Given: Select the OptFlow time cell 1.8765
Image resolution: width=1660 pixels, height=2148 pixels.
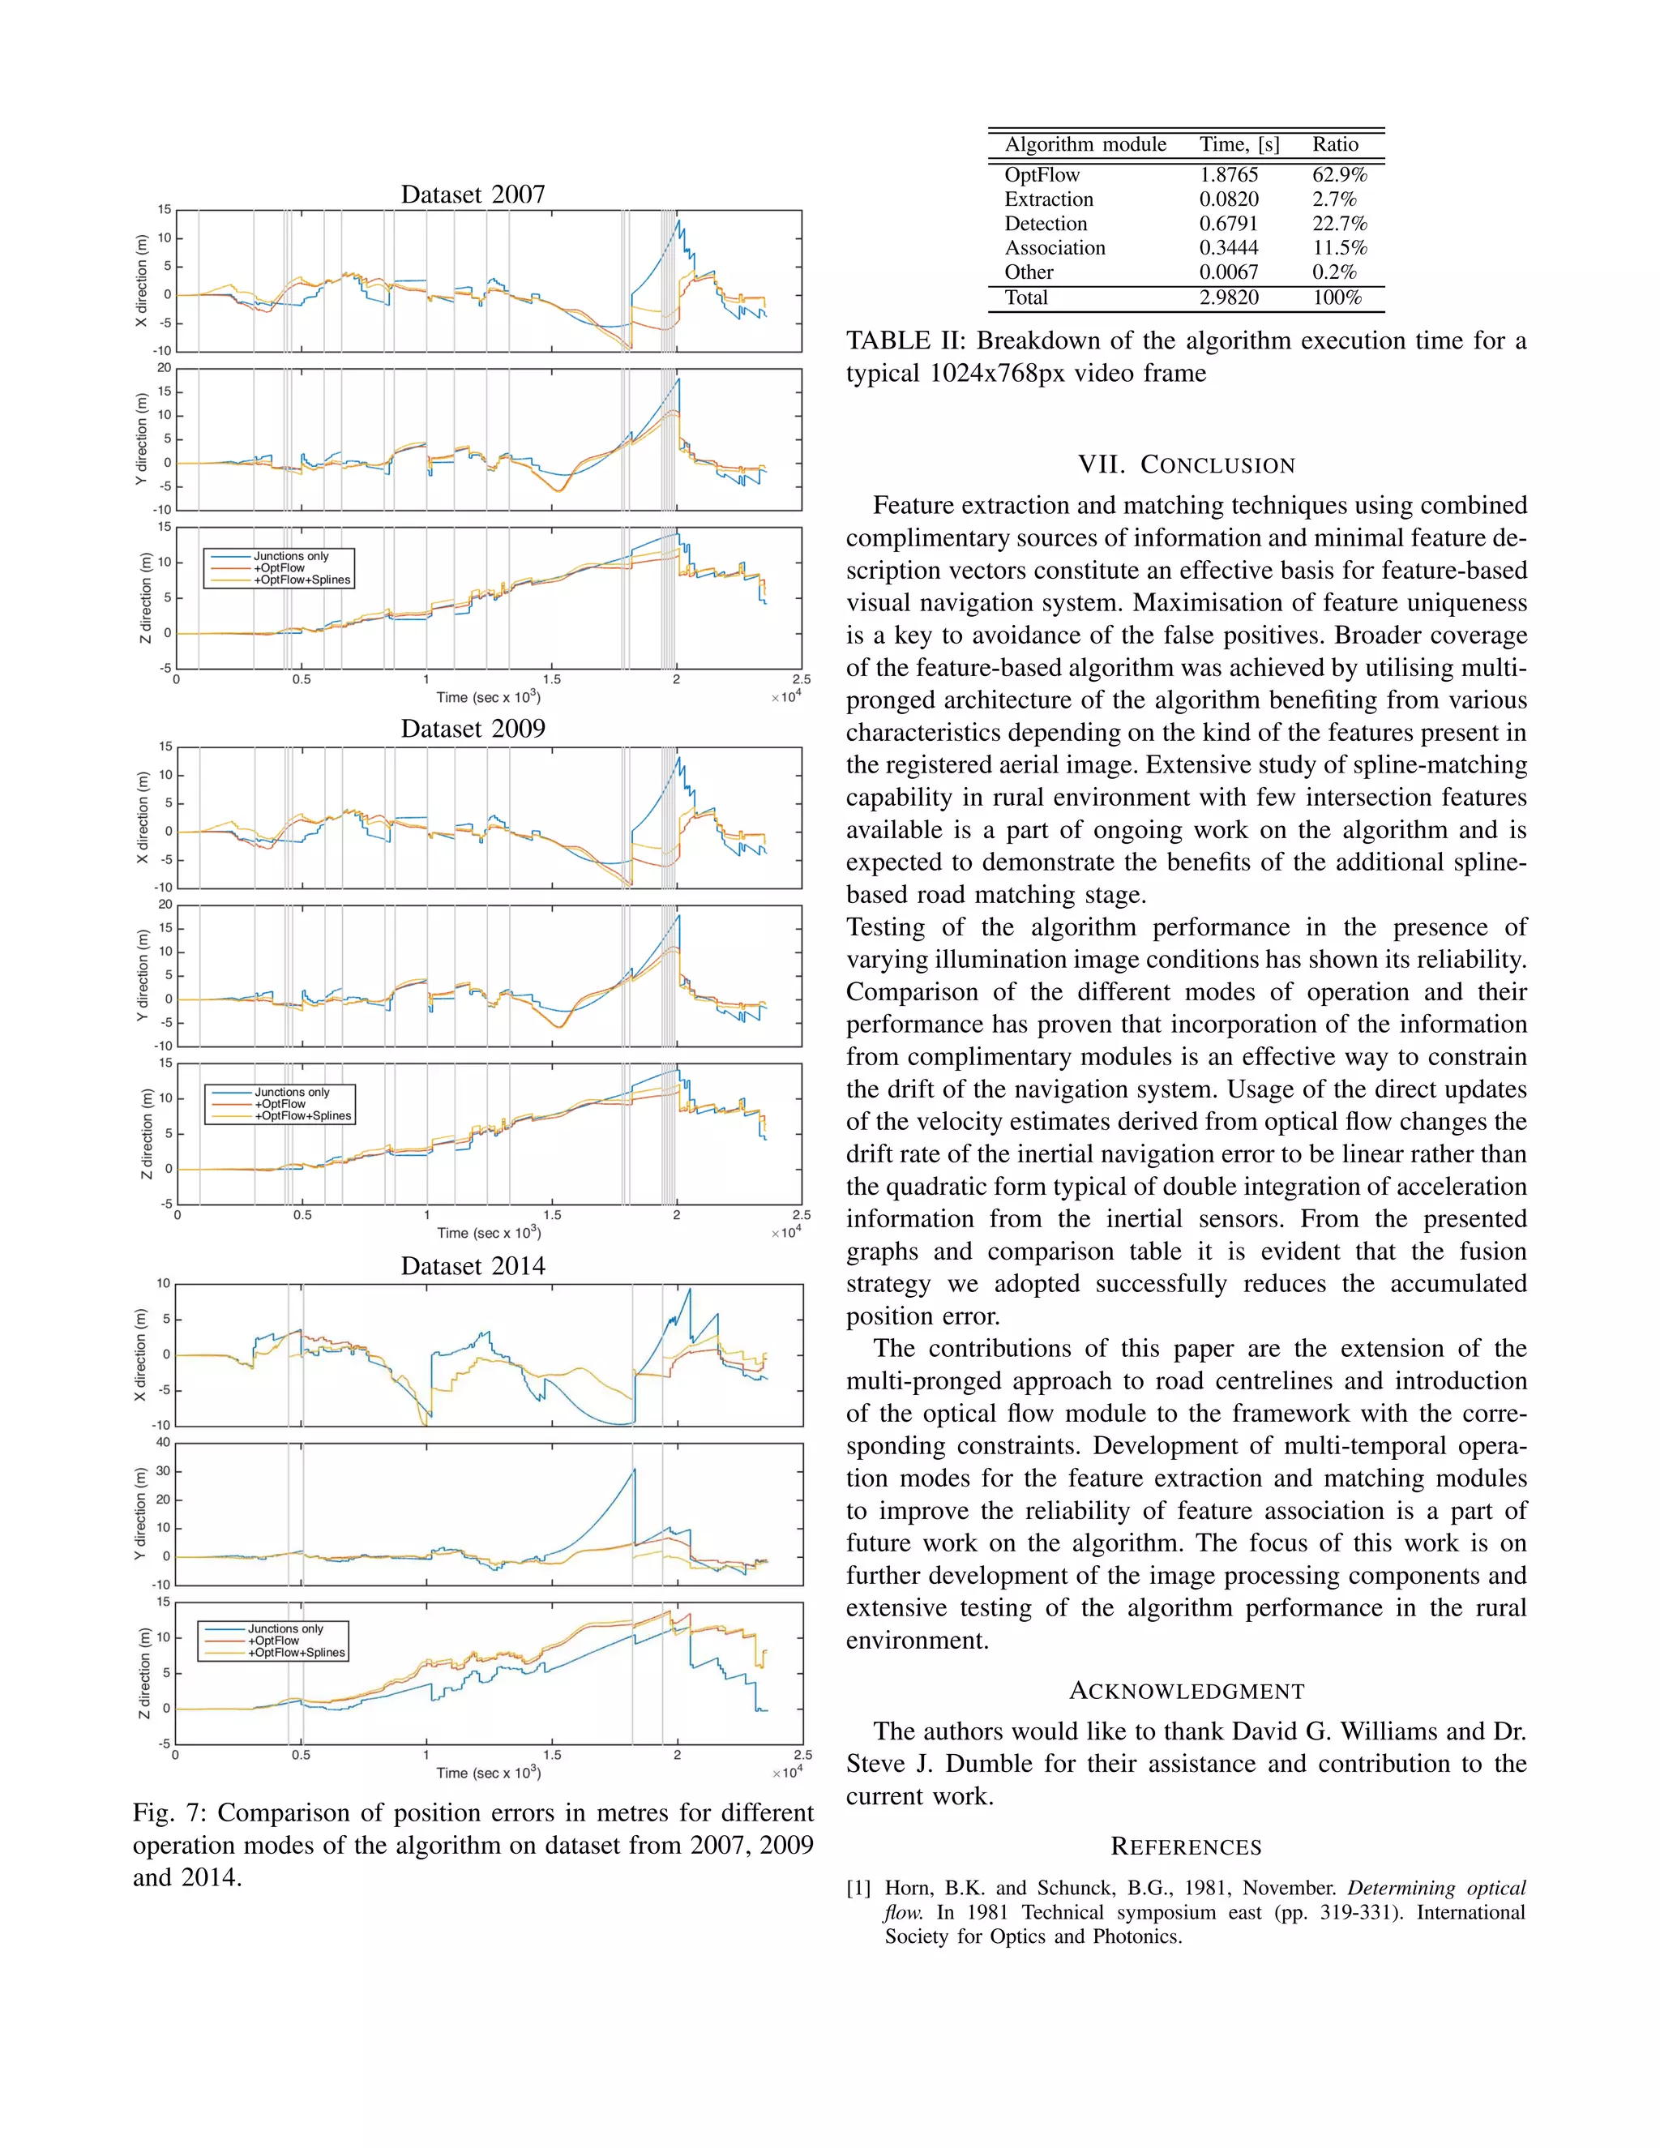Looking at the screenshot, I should click(x=1228, y=175).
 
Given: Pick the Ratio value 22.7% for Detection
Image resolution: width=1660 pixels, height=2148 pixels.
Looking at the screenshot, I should click(x=1338, y=225).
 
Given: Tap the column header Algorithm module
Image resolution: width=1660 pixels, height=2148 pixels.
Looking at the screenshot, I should click(x=1085, y=144).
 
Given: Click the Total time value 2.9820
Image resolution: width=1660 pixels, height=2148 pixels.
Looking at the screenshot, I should click(x=1228, y=298).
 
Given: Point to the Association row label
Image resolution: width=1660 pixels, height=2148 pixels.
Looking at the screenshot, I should click(x=1055, y=248).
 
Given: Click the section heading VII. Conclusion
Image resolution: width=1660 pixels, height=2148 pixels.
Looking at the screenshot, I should click(x=1186, y=465).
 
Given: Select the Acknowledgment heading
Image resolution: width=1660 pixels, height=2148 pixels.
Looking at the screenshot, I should click(x=1186, y=1691).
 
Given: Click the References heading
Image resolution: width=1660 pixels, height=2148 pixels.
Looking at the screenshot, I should click(x=1186, y=1847).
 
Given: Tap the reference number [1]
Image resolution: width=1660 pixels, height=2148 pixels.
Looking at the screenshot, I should click(x=858, y=1889).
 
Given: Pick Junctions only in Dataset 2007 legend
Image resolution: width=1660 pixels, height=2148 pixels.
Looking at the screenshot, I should click(x=291, y=557).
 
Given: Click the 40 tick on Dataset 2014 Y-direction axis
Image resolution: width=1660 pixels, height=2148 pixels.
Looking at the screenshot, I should click(x=162, y=1443).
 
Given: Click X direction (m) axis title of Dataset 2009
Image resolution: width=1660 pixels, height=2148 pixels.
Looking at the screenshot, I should click(x=143, y=819).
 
